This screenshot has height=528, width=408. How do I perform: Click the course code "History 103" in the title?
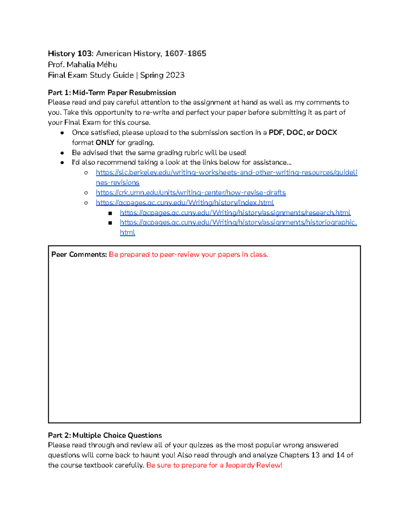[x=70, y=53]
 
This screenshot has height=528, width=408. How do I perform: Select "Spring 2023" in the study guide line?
[x=162, y=75]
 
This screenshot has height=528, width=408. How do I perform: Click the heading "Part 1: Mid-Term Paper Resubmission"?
[x=112, y=92]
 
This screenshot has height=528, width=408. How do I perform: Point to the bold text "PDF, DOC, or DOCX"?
[x=303, y=132]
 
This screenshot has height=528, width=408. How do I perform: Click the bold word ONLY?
[x=105, y=142]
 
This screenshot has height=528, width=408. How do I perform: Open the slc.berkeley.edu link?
[x=226, y=172]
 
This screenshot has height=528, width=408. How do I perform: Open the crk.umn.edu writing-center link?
[x=191, y=192]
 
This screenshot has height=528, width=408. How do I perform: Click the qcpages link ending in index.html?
[x=185, y=203]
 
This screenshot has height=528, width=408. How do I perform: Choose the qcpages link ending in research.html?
[x=235, y=212]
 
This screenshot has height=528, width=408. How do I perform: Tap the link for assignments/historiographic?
[x=238, y=222]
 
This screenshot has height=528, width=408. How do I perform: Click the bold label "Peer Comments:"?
[x=79, y=254]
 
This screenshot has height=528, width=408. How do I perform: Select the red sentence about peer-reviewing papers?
[x=188, y=254]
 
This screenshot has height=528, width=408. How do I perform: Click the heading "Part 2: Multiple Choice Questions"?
[x=105, y=435]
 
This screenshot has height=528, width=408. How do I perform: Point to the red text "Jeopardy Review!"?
[x=254, y=465]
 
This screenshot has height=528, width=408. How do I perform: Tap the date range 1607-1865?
[x=185, y=53]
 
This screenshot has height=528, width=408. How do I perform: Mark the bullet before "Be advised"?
[x=62, y=153]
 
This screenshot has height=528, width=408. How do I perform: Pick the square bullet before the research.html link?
[x=110, y=213]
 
